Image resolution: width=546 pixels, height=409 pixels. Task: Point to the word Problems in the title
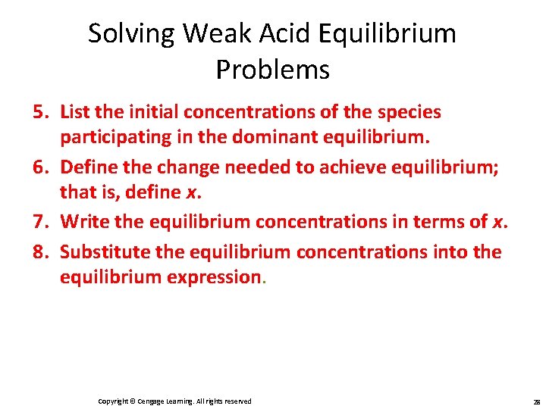point(272,70)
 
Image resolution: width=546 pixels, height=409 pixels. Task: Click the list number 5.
point(39,112)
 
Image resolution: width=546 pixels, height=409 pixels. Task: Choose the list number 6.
point(39,167)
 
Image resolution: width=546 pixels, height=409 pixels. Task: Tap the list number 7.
point(39,222)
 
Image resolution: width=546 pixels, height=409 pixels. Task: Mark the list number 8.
point(39,251)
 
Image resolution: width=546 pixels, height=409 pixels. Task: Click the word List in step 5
point(74,112)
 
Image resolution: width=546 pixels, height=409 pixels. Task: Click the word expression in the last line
point(214,277)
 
